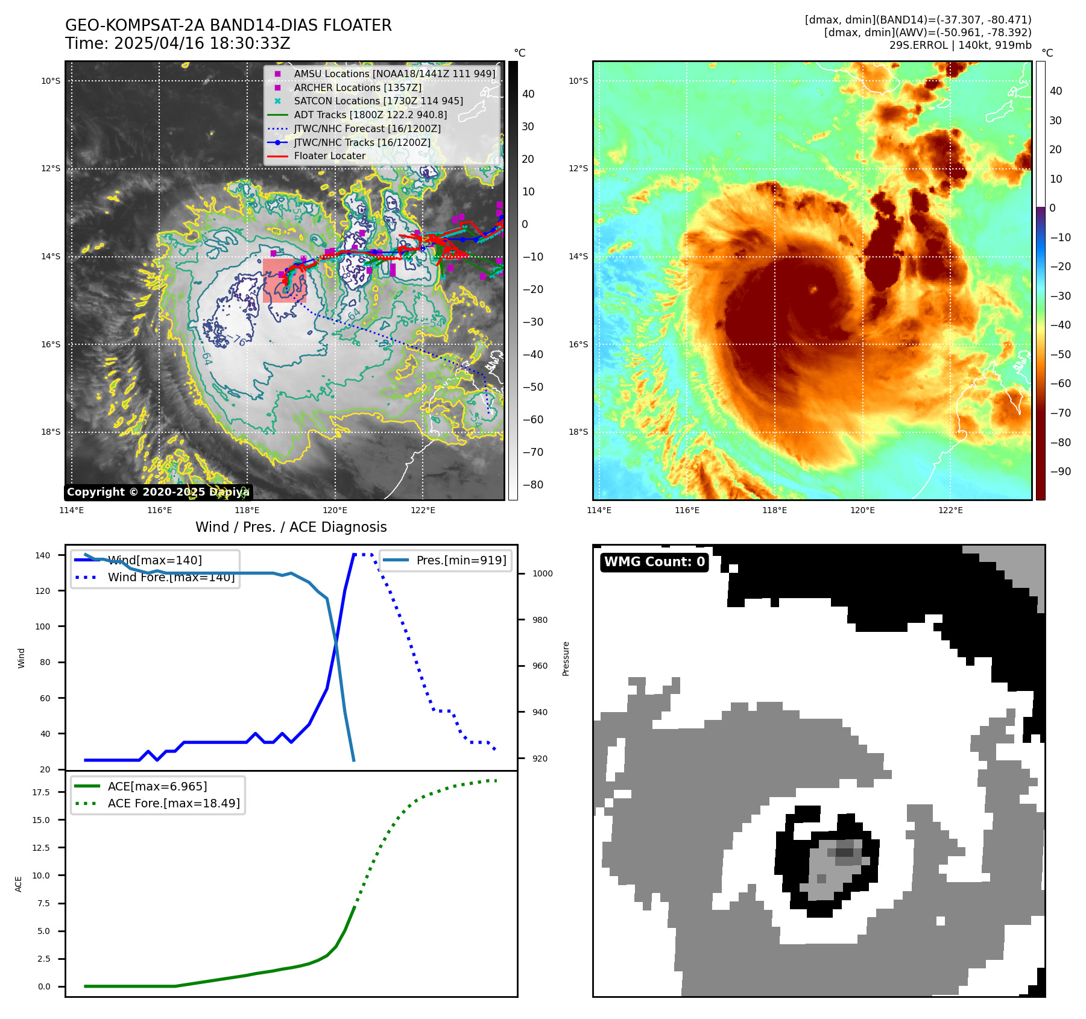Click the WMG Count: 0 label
tap(654, 562)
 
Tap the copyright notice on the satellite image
tap(158, 492)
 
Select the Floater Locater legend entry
tap(329, 156)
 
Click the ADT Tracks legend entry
tap(370, 115)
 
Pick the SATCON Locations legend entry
tap(378, 101)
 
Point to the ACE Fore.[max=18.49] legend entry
tap(173, 803)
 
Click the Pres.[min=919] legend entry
tap(461, 560)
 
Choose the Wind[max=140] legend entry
tap(154, 560)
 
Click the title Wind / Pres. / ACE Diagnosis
tap(291, 527)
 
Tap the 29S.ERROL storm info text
tap(960, 45)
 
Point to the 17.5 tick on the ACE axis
tap(41, 792)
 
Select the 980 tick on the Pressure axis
tap(540, 620)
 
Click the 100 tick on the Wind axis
tap(43, 626)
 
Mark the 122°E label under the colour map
tap(950, 510)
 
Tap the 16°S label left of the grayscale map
tap(51, 344)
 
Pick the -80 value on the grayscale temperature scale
tap(532, 485)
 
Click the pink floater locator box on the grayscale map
tap(284, 280)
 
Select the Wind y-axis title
tap(22, 658)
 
